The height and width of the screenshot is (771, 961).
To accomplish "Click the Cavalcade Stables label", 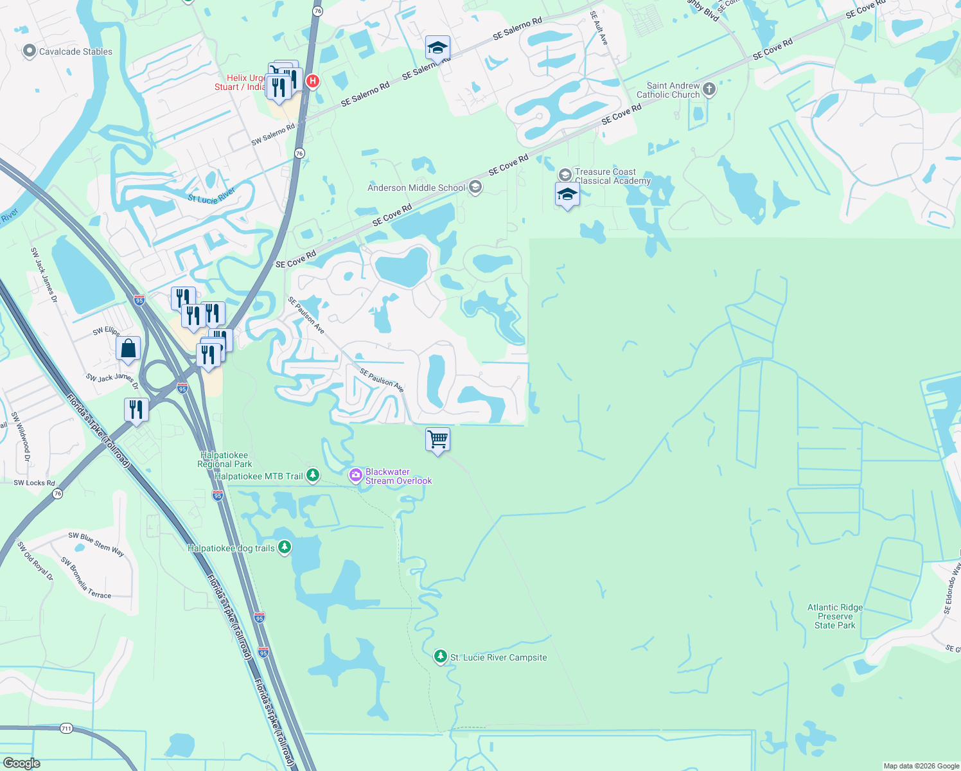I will pos(75,51).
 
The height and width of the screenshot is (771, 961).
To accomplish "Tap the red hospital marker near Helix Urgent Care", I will pos(313,81).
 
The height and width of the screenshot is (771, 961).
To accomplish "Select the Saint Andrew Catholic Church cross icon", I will pos(709,89).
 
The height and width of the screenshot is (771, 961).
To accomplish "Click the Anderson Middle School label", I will pos(416,188).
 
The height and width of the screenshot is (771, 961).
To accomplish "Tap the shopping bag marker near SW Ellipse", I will pos(128,349).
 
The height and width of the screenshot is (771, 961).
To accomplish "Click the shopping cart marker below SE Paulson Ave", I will pos(437,439).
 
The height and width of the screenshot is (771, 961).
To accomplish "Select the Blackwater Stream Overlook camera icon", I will pos(355,475).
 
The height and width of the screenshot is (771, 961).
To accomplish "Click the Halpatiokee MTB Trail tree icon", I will pos(313,475).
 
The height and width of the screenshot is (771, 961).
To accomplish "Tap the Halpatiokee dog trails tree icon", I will pos(285,547).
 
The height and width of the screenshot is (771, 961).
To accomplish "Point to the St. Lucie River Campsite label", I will pos(498,657).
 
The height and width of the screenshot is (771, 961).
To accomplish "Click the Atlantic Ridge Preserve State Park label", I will pos(835,616).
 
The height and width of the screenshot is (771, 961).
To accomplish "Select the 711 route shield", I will pos(66,729).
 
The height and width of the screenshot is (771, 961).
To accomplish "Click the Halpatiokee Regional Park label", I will pos(224,459).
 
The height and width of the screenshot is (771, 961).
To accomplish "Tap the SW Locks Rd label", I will pos(34,483).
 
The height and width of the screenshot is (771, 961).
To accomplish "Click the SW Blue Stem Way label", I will pos(96,544).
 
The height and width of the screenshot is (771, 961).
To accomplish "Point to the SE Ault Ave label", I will pos(599,27).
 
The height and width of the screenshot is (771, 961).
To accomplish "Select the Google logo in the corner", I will pos(21,763).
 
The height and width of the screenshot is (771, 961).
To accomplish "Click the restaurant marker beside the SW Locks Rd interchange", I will pos(136,409).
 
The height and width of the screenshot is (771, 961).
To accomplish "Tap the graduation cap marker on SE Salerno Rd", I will pos(437,48).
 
